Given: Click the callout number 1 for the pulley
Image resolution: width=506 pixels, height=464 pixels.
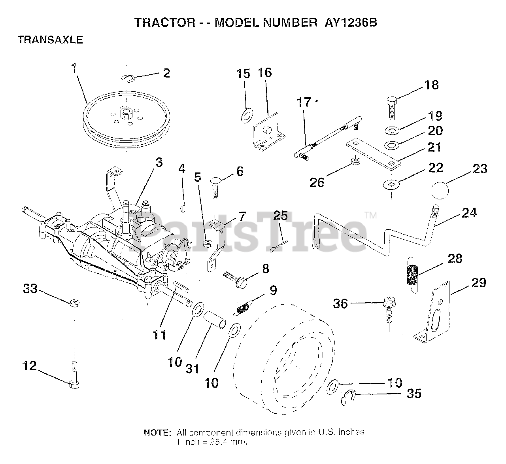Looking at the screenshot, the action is (x=74, y=68).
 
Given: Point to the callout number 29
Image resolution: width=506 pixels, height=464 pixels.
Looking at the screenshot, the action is (x=478, y=283).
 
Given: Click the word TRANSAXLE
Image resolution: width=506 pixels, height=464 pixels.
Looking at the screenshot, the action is (x=50, y=40).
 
